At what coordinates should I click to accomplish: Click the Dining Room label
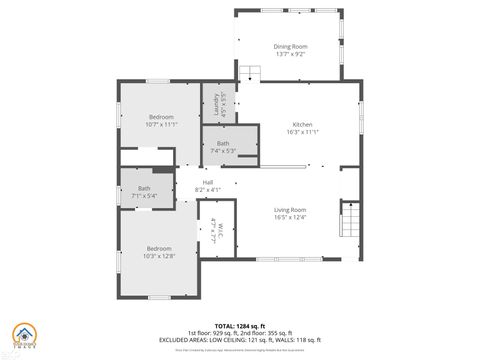point(290,46)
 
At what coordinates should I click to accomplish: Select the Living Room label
point(291,209)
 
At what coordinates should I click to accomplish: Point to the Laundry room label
point(210,101)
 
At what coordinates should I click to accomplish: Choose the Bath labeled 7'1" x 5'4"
point(145,191)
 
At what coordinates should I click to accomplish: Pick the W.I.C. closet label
point(215,232)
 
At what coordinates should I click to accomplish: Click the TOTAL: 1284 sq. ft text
point(239,326)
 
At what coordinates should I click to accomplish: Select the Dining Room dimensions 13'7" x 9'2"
point(290,54)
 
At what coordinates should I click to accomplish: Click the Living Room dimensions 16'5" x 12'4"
point(291,217)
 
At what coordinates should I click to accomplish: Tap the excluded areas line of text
point(239,341)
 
